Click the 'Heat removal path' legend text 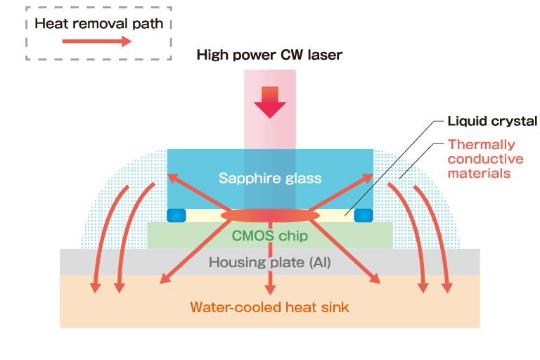pos(98,23)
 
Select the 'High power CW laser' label pos(269,55)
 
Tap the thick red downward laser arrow pos(270,103)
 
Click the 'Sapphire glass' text pos(270,178)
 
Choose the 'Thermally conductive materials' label pos(485,158)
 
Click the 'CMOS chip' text pos(270,236)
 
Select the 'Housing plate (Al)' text pos(270,263)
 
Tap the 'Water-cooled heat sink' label pos(270,307)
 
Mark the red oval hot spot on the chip pos(270,214)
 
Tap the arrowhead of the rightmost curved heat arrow pos(447,287)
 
